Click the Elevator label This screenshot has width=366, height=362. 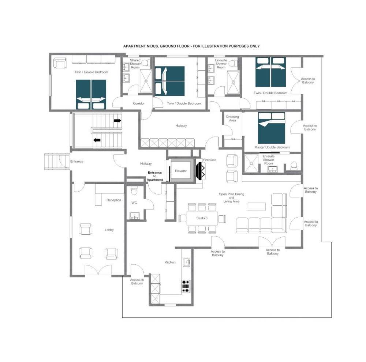point(181,171)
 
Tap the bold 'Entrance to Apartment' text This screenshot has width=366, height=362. point(155,176)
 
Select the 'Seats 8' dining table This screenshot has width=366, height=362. point(202,218)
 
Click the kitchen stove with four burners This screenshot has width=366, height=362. point(186,286)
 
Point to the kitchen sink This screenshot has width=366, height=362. point(186,262)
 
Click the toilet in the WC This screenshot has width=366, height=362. point(134,191)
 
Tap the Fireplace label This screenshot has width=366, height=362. point(210,160)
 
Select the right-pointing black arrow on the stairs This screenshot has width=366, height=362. point(117,121)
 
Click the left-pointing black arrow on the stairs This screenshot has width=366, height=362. point(97,140)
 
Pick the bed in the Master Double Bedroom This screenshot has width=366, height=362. point(272,128)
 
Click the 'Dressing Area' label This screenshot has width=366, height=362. point(232,118)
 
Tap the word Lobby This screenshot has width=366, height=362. point(109,230)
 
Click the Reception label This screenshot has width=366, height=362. point(114,200)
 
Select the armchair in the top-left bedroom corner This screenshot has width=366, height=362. point(60,63)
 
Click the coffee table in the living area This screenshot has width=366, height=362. point(257,207)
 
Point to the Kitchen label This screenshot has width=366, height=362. point(170,263)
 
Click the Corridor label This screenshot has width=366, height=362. point(139,103)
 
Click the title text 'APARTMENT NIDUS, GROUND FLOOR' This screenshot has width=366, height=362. point(156,46)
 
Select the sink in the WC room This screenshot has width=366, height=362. point(134,216)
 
